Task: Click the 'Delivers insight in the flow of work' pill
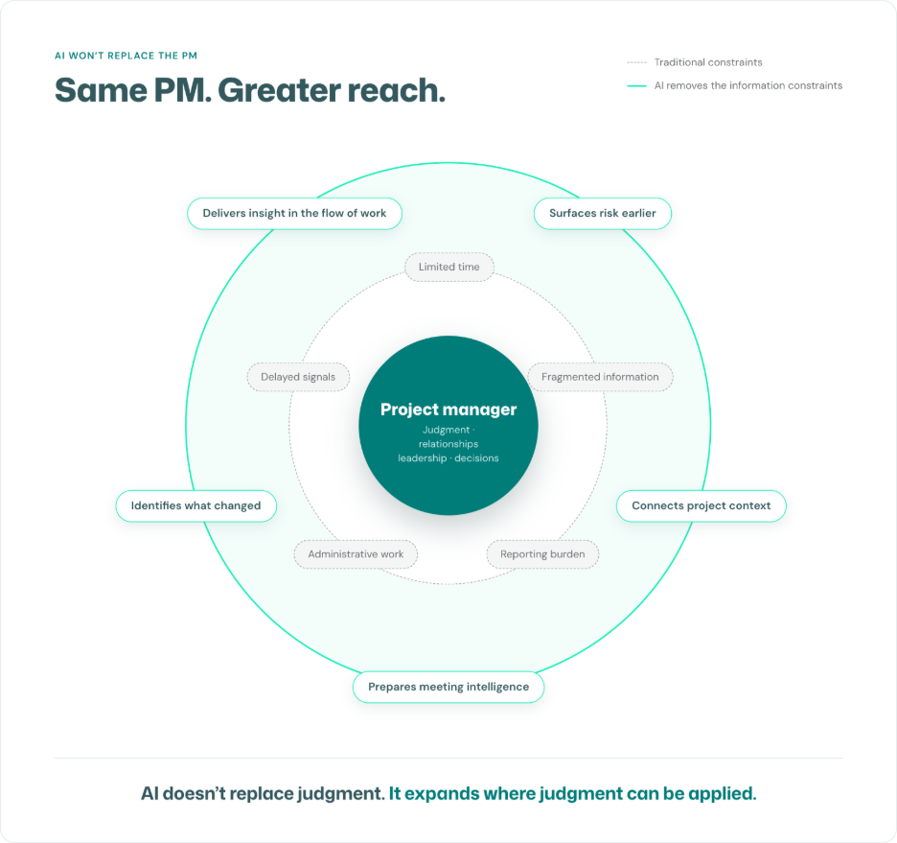(x=294, y=214)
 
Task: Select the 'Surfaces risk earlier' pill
(x=603, y=214)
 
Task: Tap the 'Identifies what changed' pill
(x=196, y=506)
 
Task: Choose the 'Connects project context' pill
(x=701, y=506)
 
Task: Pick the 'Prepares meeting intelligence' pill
(x=448, y=687)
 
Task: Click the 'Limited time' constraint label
(x=449, y=267)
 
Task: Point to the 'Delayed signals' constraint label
(x=298, y=377)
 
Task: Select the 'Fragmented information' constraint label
(x=600, y=377)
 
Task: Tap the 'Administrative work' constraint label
(x=356, y=554)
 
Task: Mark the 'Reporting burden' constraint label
(x=542, y=554)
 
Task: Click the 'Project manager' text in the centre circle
(x=448, y=410)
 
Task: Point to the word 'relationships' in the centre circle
(x=448, y=444)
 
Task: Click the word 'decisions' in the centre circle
(x=476, y=458)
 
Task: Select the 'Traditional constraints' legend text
(x=708, y=62)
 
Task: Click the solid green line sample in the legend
(x=636, y=86)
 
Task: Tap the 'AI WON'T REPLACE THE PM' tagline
(x=126, y=56)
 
